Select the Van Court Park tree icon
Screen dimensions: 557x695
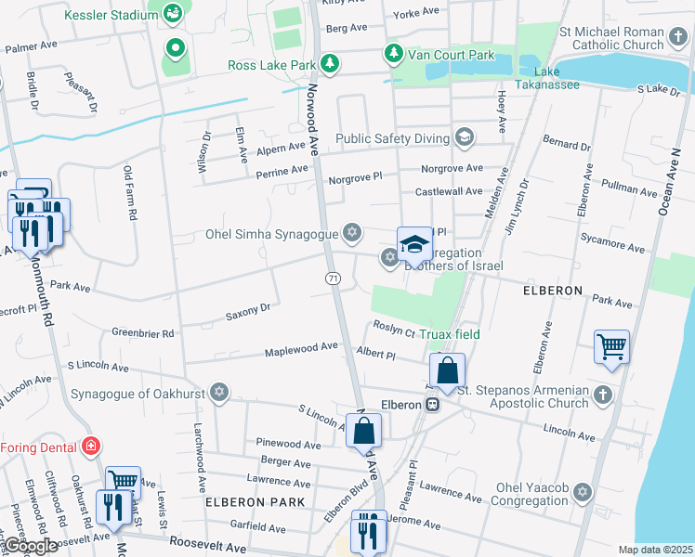(394, 54)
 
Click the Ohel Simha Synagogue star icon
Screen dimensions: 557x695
(351, 232)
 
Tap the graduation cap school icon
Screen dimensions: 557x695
(414, 244)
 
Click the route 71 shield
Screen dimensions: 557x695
(332, 278)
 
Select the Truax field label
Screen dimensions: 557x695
(449, 334)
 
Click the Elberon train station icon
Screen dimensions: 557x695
(433, 405)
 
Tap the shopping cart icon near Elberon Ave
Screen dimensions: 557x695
(611, 347)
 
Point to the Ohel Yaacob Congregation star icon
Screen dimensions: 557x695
(583, 492)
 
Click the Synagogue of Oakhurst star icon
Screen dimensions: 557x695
(219, 391)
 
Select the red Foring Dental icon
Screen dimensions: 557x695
(90, 447)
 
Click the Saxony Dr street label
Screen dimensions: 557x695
(247, 310)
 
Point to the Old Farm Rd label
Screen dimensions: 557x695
(130, 194)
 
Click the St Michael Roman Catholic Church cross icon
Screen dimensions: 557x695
(680, 38)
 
